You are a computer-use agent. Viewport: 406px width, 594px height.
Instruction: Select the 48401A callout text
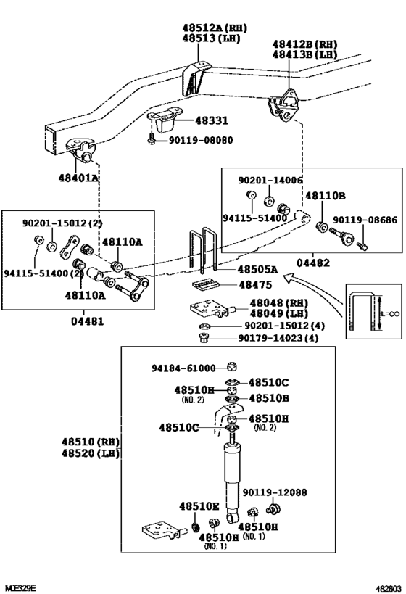(x=79, y=177)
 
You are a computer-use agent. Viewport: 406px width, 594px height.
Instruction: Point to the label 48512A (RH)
(x=214, y=28)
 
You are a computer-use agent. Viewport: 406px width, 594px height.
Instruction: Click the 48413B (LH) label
(x=304, y=54)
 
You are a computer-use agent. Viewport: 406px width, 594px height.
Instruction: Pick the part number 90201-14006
(x=270, y=179)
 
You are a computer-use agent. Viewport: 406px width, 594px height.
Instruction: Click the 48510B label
(x=269, y=397)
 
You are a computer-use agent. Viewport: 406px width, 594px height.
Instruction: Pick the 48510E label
(x=199, y=506)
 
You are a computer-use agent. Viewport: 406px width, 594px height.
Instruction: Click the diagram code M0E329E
(x=20, y=587)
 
